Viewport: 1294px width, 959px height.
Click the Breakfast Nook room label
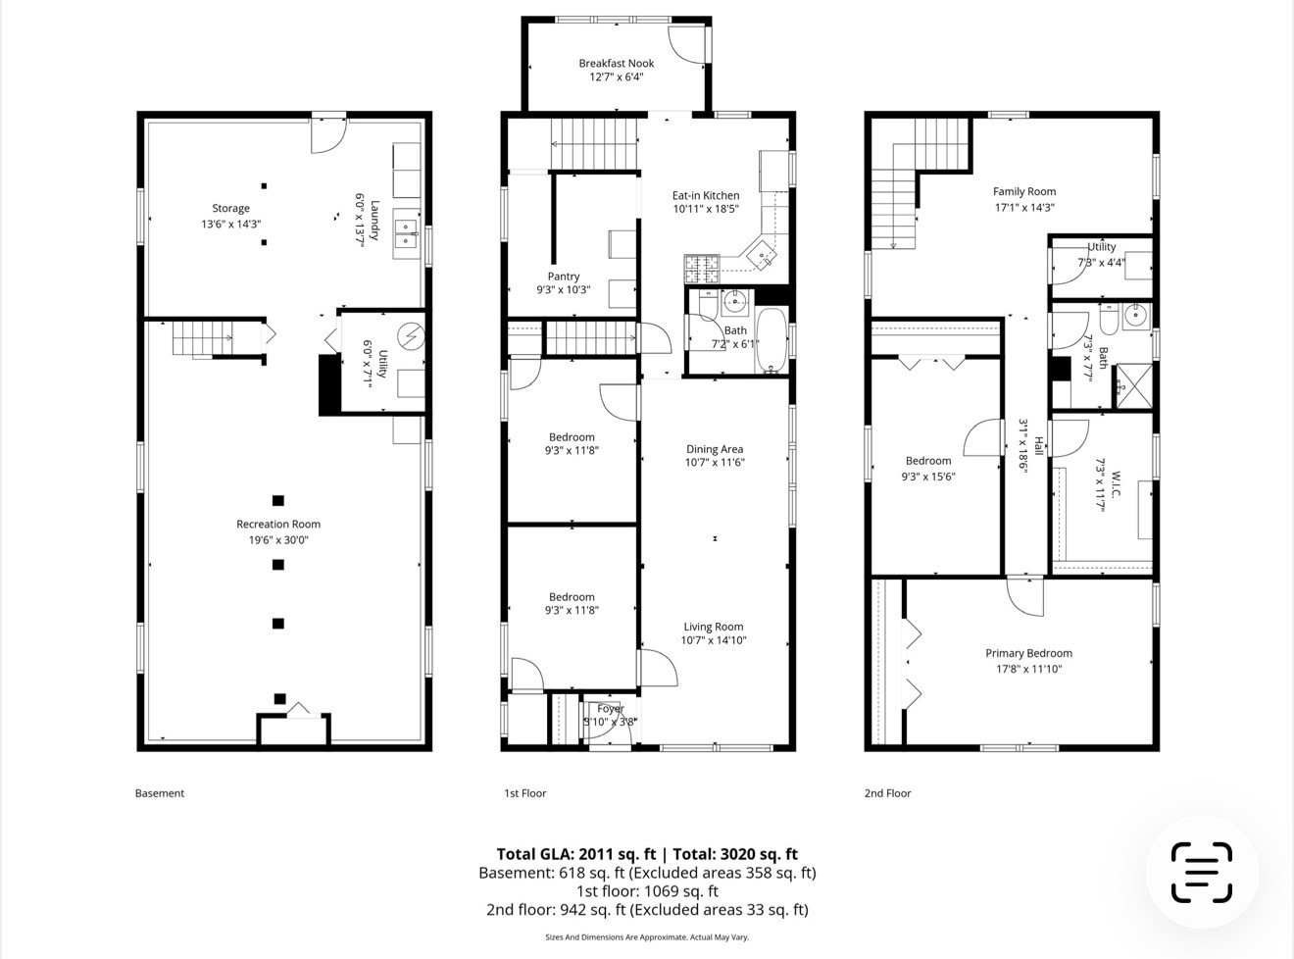pos(616,63)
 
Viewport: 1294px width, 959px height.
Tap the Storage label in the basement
pos(231,208)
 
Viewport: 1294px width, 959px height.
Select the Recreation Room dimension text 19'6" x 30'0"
pos(278,539)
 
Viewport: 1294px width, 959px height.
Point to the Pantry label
pos(564,277)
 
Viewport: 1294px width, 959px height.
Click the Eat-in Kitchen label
pos(706,195)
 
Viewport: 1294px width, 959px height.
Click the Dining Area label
pos(715,449)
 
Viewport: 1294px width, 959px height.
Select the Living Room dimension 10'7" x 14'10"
pos(715,640)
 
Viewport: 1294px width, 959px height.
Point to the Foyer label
pos(611,709)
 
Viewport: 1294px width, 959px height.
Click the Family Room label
pos(1024,192)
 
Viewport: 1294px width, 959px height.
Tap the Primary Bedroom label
pos(1028,653)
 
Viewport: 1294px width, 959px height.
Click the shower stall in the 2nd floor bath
pos(1137,384)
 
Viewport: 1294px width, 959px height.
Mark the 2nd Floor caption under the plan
pos(887,793)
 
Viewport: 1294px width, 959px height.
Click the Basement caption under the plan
pos(160,793)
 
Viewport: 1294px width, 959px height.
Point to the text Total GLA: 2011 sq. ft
pos(576,854)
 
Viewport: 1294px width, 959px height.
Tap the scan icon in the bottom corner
pos(1201,872)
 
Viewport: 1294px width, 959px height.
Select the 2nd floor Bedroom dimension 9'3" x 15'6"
pos(928,477)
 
